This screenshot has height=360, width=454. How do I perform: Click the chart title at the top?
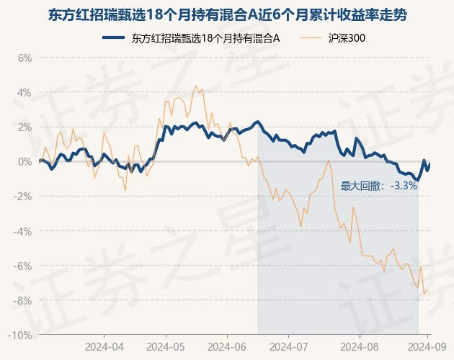coord(228,15)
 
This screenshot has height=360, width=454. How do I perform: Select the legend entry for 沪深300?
coord(333,38)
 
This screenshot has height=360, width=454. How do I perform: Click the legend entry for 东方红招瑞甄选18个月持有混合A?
coord(191,38)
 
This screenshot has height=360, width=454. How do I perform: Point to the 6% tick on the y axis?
coord(25,58)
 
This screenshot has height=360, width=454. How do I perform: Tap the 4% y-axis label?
coord(25,93)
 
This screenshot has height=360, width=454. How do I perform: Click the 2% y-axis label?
coord(25,127)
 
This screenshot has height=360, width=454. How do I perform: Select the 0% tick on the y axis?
coord(25,162)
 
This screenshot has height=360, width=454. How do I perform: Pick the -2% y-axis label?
coord(22,197)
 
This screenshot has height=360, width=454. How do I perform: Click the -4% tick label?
coord(22,231)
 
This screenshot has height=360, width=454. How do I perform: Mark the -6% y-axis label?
coord(22,266)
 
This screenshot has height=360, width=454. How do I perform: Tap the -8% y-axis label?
coord(22,300)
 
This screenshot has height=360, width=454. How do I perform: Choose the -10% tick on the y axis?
coord(20,335)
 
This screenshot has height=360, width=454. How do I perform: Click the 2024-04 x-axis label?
coord(104,347)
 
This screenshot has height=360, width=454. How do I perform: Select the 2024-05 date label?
coord(166,347)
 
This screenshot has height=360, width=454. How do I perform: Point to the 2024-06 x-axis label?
coord(227,347)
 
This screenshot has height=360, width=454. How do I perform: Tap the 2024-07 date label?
coord(289,347)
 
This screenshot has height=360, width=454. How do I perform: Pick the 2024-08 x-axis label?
coord(360,347)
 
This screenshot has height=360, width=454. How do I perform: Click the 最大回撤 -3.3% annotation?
coord(379,186)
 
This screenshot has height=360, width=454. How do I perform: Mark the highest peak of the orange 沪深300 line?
coord(196,86)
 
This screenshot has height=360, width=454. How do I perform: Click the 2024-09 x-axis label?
coord(427,347)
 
